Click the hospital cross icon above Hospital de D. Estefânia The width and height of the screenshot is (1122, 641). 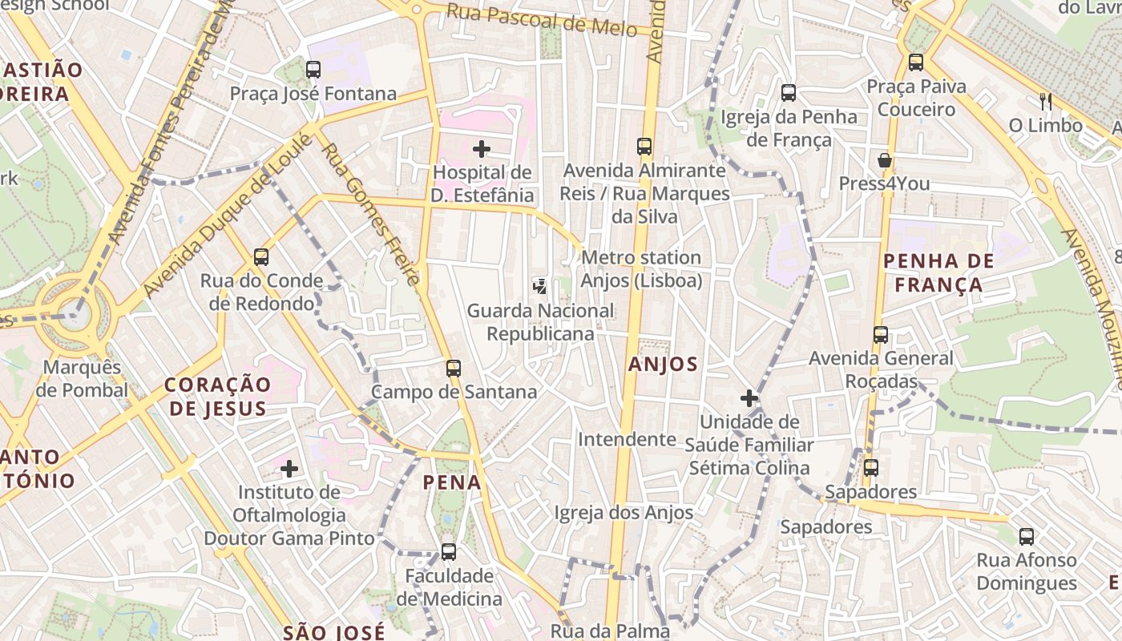[482, 148]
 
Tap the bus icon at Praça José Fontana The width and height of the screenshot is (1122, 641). [313, 70]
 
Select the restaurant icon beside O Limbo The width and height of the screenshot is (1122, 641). [1045, 101]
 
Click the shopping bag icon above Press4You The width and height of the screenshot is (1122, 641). [885, 160]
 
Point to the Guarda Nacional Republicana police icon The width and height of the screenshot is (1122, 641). [541, 285]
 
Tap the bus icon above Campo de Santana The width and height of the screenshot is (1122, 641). [454, 369]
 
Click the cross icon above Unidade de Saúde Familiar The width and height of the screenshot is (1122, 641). [749, 397]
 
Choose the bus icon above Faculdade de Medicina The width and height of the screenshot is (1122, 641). [449, 552]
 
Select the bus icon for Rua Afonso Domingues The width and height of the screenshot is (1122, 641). [1027, 537]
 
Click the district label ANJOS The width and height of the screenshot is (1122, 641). [664, 365]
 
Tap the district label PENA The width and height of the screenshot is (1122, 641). [453, 482]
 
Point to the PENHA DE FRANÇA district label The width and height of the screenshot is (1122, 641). [938, 272]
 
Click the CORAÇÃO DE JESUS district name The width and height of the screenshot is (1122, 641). [217, 397]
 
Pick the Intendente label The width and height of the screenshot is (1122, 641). [627, 439]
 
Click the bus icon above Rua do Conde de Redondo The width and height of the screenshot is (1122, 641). [261, 257]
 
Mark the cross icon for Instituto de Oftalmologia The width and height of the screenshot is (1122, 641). [289, 468]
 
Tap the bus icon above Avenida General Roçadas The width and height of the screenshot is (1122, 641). [881, 335]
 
